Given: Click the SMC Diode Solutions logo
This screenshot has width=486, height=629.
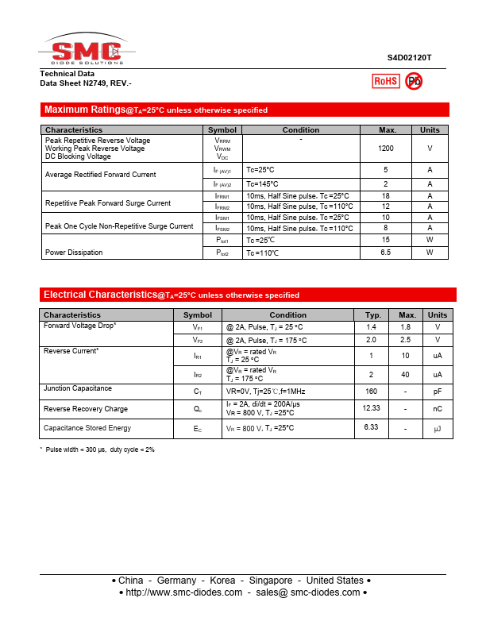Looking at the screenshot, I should (x=86, y=51).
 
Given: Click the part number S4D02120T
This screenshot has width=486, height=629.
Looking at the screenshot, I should (x=410, y=58).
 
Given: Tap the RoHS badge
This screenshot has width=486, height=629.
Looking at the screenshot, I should (x=386, y=81).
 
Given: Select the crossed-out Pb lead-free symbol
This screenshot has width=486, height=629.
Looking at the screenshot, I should (x=414, y=81).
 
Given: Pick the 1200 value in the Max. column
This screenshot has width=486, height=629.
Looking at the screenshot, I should (x=386, y=149).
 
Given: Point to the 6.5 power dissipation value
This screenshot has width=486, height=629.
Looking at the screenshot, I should (x=386, y=253).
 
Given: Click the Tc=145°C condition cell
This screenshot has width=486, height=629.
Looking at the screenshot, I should (x=260, y=184).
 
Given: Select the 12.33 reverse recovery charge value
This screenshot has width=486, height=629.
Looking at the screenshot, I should (x=372, y=407).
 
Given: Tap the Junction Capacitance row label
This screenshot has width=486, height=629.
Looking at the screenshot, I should (x=78, y=388).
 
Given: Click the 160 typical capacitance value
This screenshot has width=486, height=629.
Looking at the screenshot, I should (x=371, y=392).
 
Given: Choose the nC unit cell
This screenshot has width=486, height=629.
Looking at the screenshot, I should (x=437, y=408).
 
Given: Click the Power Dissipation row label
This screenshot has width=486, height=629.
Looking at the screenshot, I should (x=74, y=253).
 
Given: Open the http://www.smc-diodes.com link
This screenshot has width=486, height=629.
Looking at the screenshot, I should (x=183, y=592).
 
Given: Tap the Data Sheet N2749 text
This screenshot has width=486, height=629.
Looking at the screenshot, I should (x=86, y=83).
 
